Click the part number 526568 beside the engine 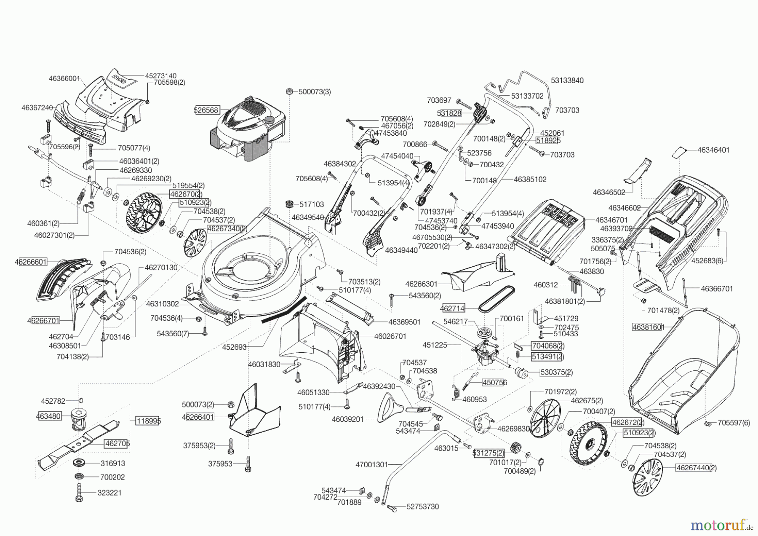(x=206, y=110)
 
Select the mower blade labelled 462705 (x=80, y=442)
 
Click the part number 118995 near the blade (x=148, y=421)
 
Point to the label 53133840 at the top (x=567, y=80)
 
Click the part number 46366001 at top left (x=64, y=78)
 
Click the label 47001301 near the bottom (x=371, y=465)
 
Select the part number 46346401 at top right (x=713, y=150)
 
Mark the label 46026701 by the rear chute (x=390, y=336)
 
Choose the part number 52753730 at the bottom (x=422, y=507)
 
